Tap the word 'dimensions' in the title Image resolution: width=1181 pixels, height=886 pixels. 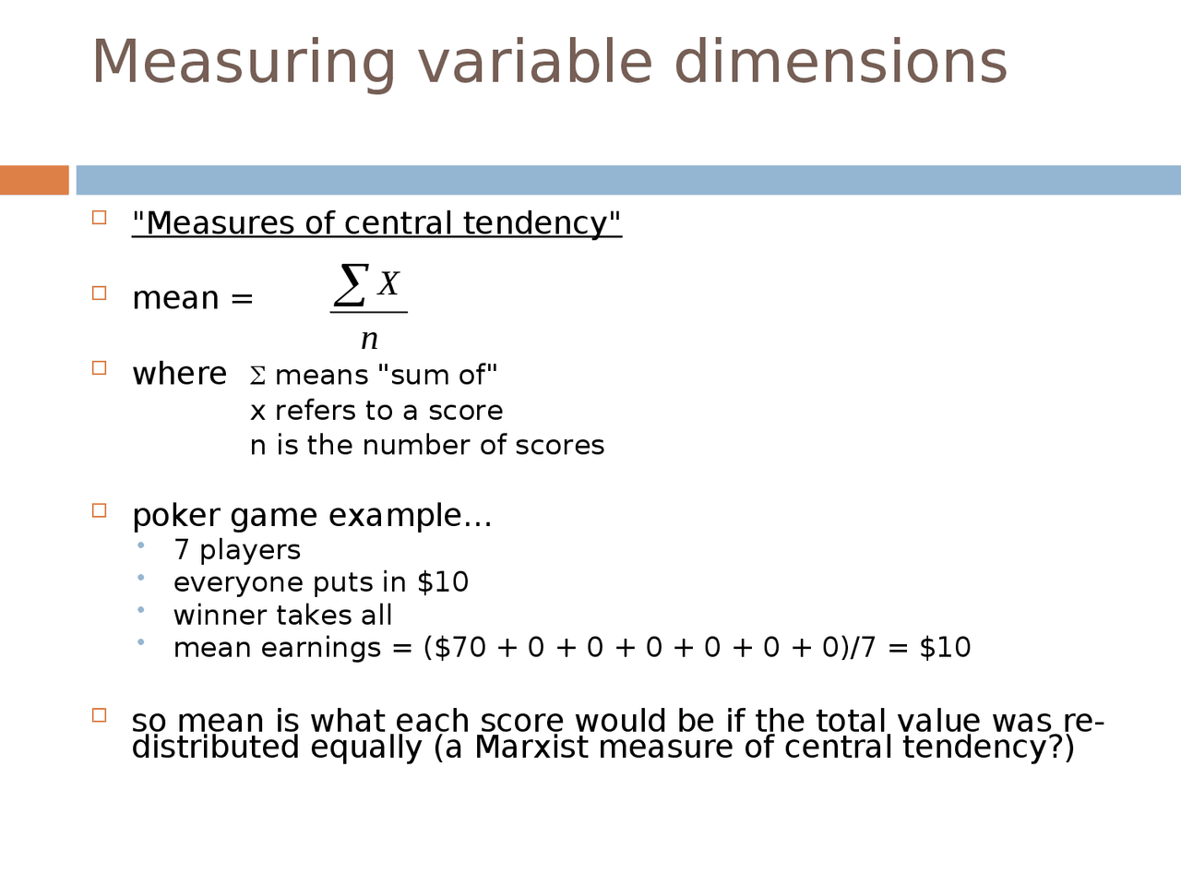coord(841,63)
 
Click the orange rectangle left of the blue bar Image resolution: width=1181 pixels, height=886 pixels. coord(34,180)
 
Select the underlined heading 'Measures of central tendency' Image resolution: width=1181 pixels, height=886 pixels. coord(376,223)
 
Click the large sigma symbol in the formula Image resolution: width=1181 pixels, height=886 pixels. coord(352,284)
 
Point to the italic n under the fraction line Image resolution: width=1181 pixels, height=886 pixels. coord(369,339)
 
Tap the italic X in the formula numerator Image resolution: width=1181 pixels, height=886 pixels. coord(388,284)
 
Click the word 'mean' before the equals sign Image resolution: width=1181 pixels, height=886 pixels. coord(175,299)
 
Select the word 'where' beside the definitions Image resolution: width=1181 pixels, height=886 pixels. coord(179,374)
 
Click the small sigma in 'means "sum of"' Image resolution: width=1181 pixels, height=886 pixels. coord(257,377)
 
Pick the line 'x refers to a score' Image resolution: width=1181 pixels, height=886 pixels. coord(376,411)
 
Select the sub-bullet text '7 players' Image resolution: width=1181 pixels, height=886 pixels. coord(237,550)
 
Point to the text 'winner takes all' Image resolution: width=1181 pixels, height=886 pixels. coord(282,616)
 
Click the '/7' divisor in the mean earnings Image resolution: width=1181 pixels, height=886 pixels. coord(863,648)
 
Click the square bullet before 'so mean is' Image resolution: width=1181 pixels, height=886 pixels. coord(100,715)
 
